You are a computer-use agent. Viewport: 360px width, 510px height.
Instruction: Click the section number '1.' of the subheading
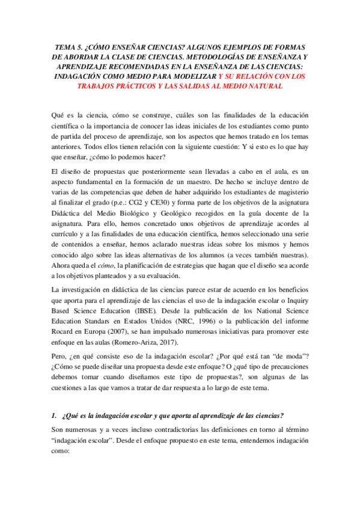(54, 416)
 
